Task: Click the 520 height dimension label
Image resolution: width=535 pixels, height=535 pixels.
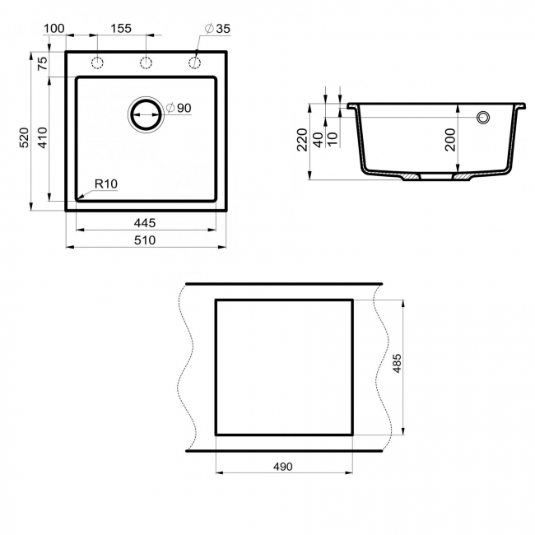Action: [24, 137]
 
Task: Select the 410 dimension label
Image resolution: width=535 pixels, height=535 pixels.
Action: [42, 137]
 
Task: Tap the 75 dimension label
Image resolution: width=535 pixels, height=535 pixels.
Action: [42, 63]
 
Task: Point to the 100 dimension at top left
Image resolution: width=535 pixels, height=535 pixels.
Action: [53, 28]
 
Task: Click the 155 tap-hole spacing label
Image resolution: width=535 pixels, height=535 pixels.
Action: [121, 28]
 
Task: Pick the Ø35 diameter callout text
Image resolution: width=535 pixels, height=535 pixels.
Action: [217, 29]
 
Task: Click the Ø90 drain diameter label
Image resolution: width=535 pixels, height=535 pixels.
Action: [179, 108]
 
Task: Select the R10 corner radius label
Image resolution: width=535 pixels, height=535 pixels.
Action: [106, 184]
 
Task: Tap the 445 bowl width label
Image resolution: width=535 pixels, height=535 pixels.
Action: [145, 223]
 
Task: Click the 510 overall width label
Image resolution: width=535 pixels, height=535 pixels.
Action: [145, 240]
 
